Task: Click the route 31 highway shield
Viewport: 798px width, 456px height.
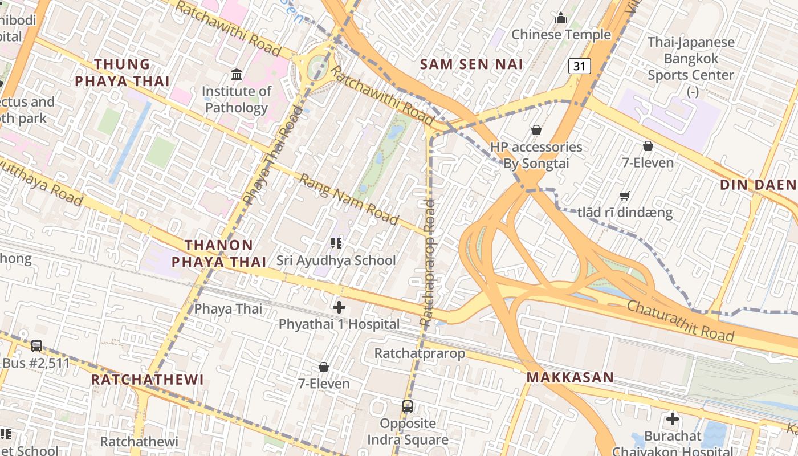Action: pyautogui.click(x=579, y=66)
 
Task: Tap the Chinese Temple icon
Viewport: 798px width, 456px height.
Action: pyautogui.click(x=561, y=18)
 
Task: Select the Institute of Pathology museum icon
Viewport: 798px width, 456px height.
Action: pyautogui.click(x=236, y=74)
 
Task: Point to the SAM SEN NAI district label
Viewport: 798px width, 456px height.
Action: pyautogui.click(x=471, y=64)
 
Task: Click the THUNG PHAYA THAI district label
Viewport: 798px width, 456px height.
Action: pyautogui.click(x=123, y=72)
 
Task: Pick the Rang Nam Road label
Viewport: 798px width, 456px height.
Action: pyautogui.click(x=349, y=199)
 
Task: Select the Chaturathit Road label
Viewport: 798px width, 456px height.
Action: pyautogui.click(x=681, y=320)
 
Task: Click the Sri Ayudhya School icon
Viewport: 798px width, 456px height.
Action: pyautogui.click(x=336, y=244)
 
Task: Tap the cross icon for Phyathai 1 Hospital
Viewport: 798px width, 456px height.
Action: pyautogui.click(x=339, y=307)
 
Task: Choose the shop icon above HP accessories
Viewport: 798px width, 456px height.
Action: pyautogui.click(x=536, y=131)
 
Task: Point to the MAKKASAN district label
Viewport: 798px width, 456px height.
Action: pyautogui.click(x=569, y=377)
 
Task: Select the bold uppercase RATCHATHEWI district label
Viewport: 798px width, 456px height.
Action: pyautogui.click(x=147, y=380)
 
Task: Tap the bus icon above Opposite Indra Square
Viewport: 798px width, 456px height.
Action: pyautogui.click(x=408, y=406)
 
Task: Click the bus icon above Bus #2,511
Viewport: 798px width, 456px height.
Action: pyautogui.click(x=36, y=345)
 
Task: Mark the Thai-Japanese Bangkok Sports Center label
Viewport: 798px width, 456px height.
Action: pyautogui.click(x=691, y=59)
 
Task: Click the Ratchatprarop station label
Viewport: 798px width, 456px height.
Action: pyautogui.click(x=420, y=353)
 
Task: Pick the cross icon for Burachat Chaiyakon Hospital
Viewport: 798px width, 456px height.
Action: pyautogui.click(x=673, y=420)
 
